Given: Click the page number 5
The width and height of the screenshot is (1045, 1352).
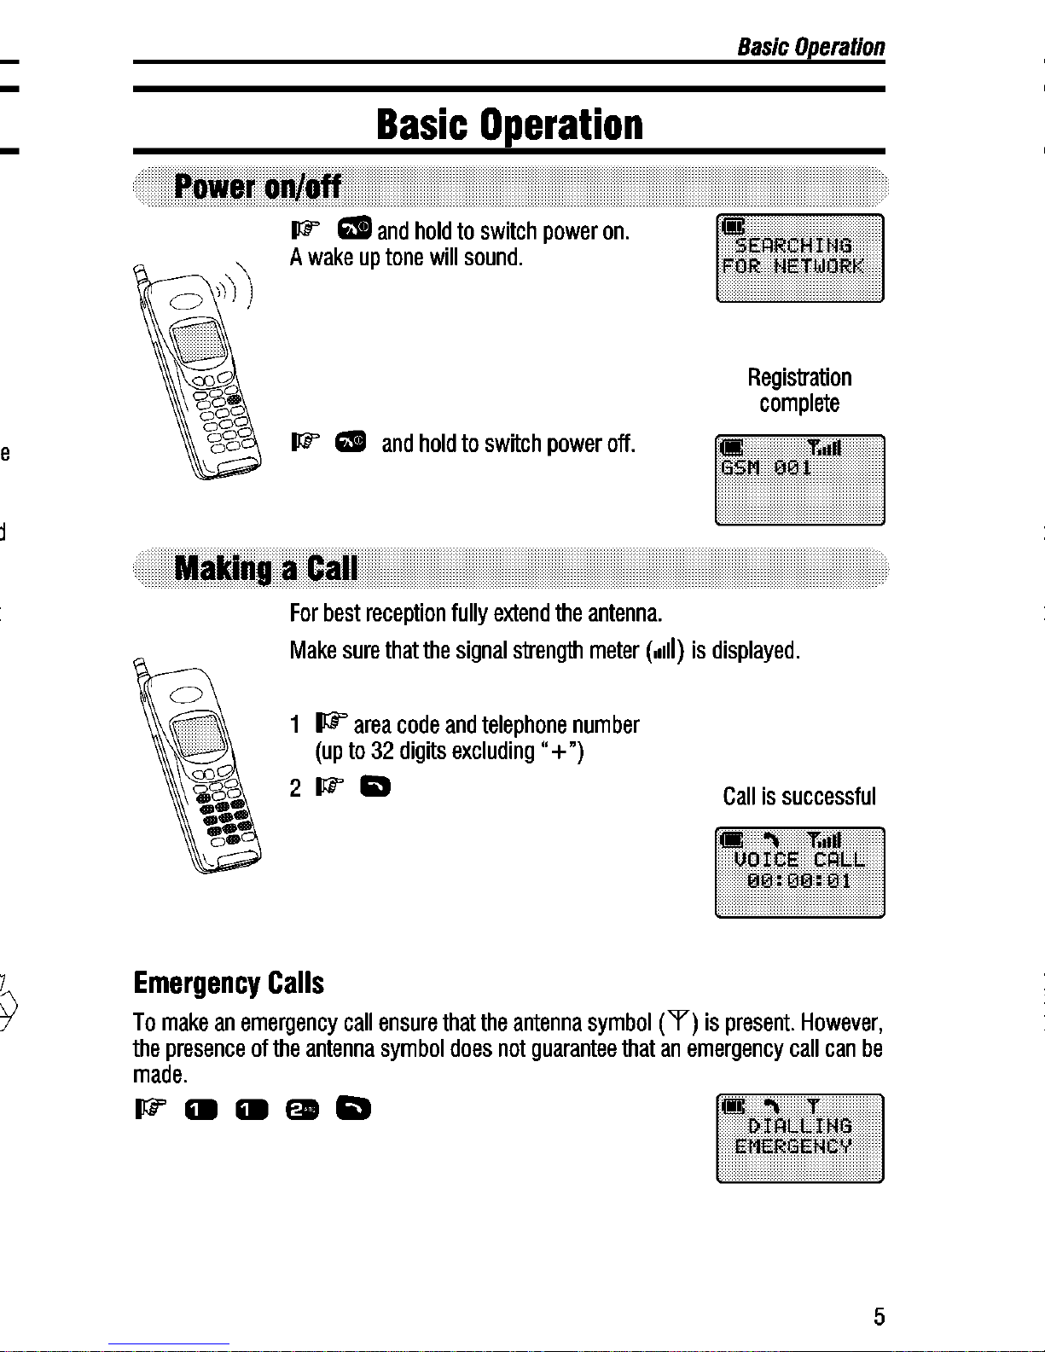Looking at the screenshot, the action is point(879,1316).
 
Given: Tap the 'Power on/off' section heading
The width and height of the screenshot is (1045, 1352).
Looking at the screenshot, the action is point(258,186).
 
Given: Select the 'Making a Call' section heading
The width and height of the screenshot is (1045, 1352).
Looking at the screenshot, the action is point(266,568).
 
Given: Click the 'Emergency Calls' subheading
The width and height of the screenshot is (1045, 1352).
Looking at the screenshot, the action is point(229,984).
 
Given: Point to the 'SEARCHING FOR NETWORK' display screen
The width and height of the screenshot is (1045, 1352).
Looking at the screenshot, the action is point(800,258).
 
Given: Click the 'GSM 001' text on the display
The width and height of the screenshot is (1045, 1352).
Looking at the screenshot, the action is point(766,468).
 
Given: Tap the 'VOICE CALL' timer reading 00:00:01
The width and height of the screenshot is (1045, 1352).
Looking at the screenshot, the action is point(799,881).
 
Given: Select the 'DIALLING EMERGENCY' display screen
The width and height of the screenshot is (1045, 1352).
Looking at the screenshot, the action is point(800,1138).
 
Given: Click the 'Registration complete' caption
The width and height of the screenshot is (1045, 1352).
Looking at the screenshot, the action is point(799,390).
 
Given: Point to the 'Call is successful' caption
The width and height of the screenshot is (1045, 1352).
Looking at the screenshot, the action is point(799,797).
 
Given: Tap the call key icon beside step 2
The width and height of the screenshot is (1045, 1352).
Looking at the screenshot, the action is point(375,787).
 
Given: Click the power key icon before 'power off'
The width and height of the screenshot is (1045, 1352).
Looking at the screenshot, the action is point(351,442).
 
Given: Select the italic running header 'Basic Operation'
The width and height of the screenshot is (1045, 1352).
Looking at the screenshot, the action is point(810,47).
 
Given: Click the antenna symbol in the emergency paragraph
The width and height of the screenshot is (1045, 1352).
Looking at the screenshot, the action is point(679,1021).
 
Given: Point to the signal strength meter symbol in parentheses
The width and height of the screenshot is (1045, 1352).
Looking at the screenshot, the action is point(664,651).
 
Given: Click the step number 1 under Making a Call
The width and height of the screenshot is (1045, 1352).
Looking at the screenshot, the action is point(295,725).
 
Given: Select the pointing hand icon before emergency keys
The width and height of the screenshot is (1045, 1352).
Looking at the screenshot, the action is point(150,1109).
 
